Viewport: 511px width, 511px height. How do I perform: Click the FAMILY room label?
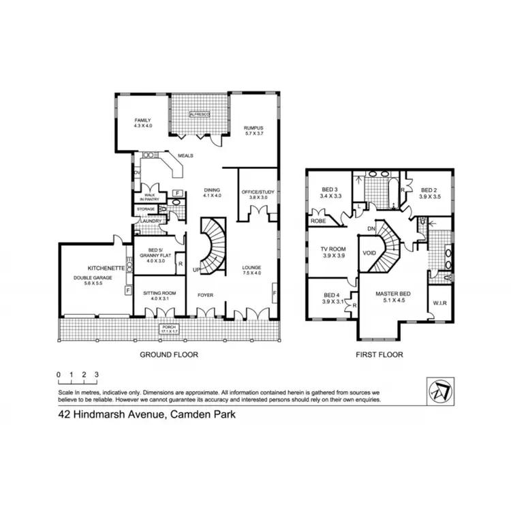(x=143, y=123)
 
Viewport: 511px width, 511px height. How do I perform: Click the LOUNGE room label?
(x=252, y=270)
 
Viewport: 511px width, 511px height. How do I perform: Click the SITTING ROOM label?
(x=159, y=295)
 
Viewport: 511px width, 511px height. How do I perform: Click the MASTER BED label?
(x=390, y=296)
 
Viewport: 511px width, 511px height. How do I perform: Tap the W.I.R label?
(x=439, y=303)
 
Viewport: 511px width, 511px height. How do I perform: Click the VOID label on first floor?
(x=370, y=253)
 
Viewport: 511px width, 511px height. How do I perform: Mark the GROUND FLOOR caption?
(x=169, y=354)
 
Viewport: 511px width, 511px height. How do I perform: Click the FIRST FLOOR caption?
(x=380, y=354)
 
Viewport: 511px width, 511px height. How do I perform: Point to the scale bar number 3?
(x=97, y=375)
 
